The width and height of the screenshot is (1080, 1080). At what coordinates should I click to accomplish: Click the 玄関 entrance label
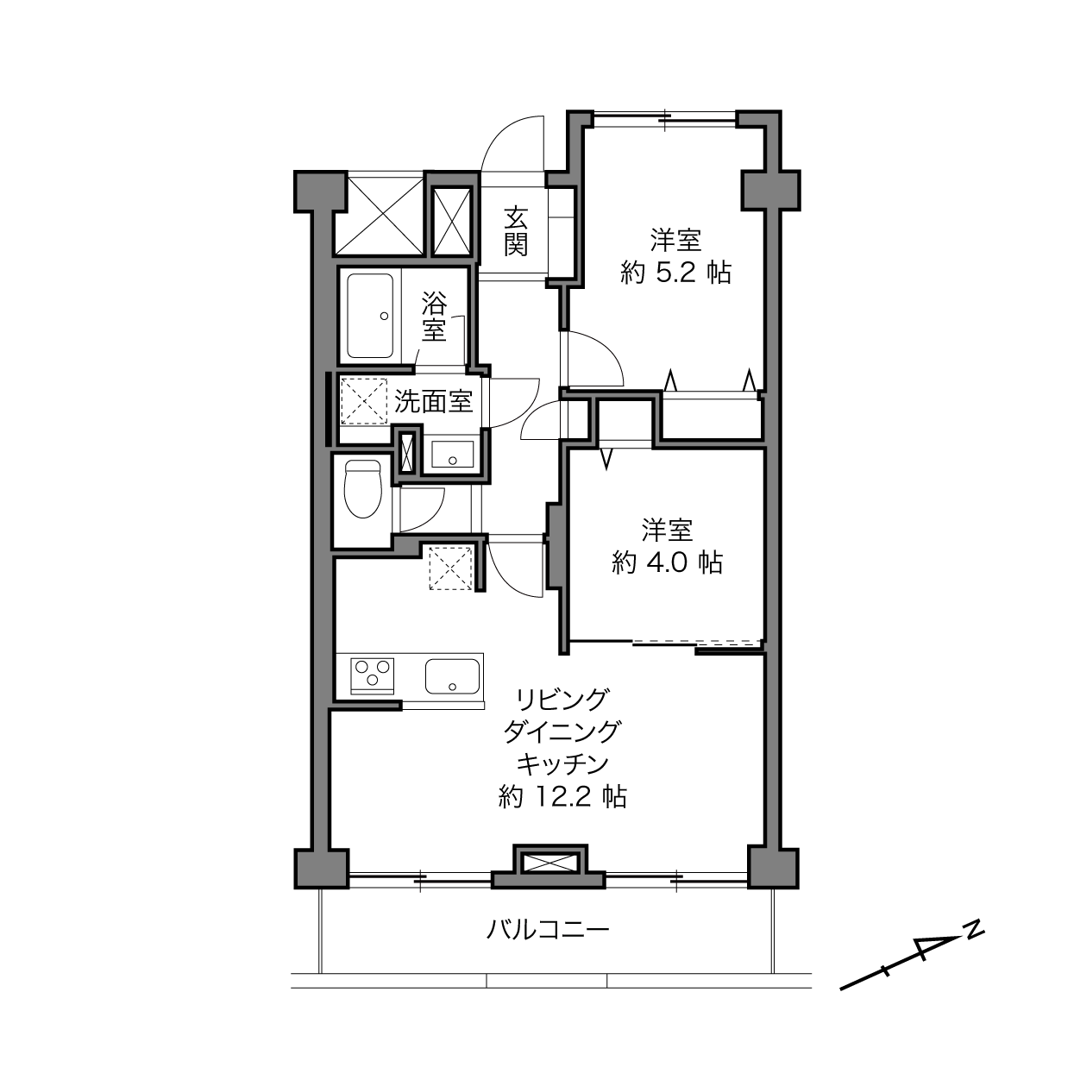tap(515, 231)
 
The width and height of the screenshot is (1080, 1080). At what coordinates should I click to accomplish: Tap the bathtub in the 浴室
tap(370, 316)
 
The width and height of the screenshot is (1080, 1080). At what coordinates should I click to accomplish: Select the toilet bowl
tap(362, 489)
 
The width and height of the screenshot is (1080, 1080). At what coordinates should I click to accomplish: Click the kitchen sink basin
tap(452, 676)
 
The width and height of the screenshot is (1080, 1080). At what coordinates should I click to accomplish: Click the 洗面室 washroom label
tap(434, 401)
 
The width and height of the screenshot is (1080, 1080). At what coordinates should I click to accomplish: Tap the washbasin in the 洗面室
tap(452, 454)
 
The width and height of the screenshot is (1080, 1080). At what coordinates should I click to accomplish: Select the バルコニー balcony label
tap(547, 930)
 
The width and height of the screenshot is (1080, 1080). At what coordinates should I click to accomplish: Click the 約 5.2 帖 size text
tap(676, 273)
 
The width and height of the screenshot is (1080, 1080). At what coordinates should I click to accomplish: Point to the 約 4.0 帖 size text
tap(668, 562)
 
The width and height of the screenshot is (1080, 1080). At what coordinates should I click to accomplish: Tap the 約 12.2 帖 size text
tap(562, 796)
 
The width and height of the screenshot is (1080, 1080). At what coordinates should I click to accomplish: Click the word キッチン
tap(562, 763)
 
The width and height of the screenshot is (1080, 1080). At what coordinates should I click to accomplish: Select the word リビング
tap(562, 699)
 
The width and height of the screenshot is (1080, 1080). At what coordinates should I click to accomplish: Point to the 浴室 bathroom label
tap(435, 317)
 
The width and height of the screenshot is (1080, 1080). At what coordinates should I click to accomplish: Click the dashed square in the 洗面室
tap(364, 401)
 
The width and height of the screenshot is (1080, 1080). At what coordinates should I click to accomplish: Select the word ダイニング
tap(562, 732)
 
